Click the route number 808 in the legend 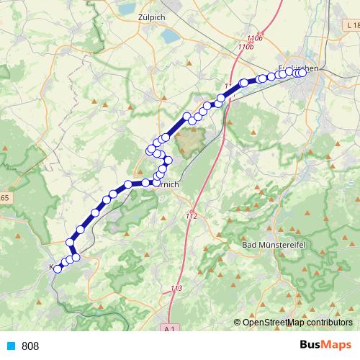30,346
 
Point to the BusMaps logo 325,346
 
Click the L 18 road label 350,25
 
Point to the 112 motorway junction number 191,216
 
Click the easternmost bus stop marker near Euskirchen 302,71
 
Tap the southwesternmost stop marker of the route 58,269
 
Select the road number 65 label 4,197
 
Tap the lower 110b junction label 247,47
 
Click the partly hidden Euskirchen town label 302,68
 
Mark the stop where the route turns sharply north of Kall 71,242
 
